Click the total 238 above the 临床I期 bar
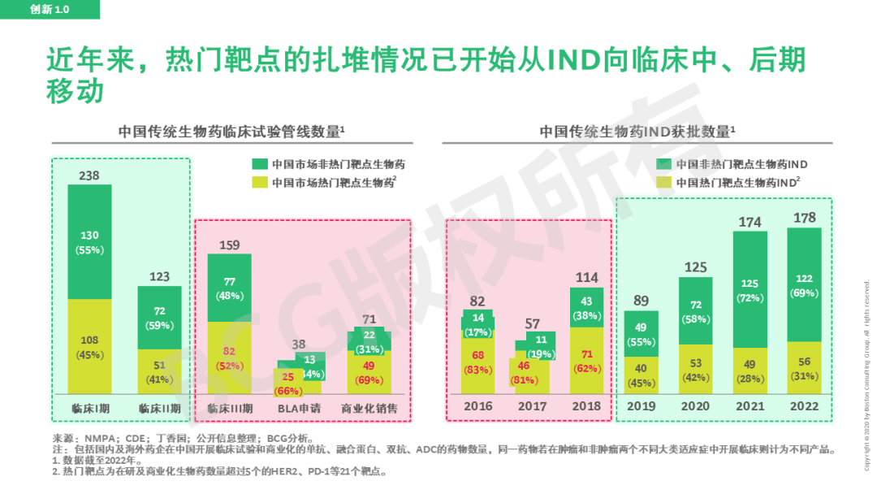pos(89,175)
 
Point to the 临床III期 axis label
pos(230,408)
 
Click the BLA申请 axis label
pos(300,408)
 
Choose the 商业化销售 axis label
pos(369,408)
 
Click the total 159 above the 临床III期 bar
pos(230,244)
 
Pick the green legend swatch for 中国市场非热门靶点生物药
pos(260,164)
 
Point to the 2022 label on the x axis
pos(804,406)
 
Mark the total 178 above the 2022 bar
pos(804,218)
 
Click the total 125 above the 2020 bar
pos(696,267)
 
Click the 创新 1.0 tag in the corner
pos(50,9)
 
